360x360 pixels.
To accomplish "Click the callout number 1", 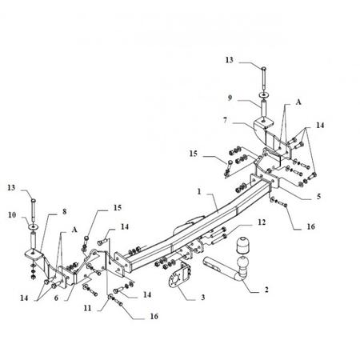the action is [199, 191].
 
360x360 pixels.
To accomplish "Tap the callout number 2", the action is [266, 290].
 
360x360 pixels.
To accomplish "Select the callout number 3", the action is [203, 297].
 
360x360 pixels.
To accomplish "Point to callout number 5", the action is [318, 196].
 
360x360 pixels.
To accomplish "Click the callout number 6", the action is [56, 298].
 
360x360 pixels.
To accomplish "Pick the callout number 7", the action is [226, 121].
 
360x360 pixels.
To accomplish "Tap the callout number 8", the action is [64, 211].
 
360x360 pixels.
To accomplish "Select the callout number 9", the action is [230, 98].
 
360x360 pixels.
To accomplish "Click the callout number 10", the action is [12, 214].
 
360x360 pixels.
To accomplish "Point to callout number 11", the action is [87, 308].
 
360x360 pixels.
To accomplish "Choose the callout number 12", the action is [262, 222].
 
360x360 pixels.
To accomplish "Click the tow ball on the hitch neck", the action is [242, 262].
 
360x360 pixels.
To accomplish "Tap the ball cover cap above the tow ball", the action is [242, 245].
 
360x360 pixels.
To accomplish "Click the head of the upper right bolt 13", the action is [263, 67].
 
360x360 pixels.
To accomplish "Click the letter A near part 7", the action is [298, 102].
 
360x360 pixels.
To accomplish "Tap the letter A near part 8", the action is [74, 230].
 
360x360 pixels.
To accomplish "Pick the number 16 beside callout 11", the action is [154, 316].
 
